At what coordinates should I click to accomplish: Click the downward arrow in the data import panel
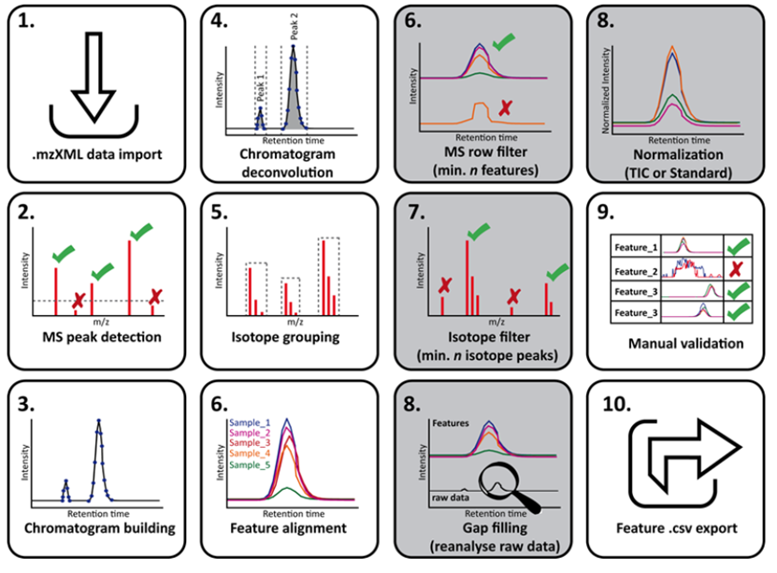pyautogui.click(x=93, y=79)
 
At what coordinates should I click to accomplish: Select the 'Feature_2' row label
pyautogui.click(x=637, y=272)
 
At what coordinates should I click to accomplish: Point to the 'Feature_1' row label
pyautogui.click(x=637, y=247)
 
